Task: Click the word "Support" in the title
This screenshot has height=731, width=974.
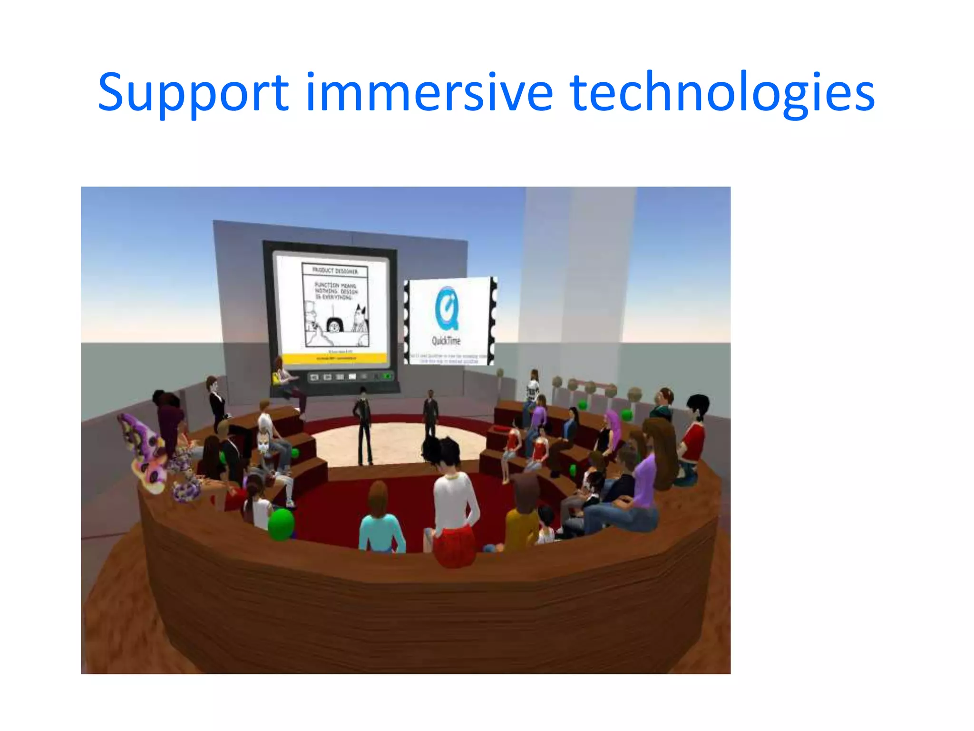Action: pos(193,93)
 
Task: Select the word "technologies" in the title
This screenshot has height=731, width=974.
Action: pos(721,93)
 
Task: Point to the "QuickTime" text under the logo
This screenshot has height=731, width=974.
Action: pos(446,341)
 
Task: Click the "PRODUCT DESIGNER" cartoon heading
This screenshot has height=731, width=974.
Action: pos(335,270)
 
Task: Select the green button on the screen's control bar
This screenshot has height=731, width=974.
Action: pos(387,376)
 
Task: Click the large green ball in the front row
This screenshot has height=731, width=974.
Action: pos(282,524)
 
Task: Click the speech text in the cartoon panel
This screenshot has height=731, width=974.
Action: pos(335,290)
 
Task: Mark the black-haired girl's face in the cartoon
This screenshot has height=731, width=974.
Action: pos(334,326)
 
